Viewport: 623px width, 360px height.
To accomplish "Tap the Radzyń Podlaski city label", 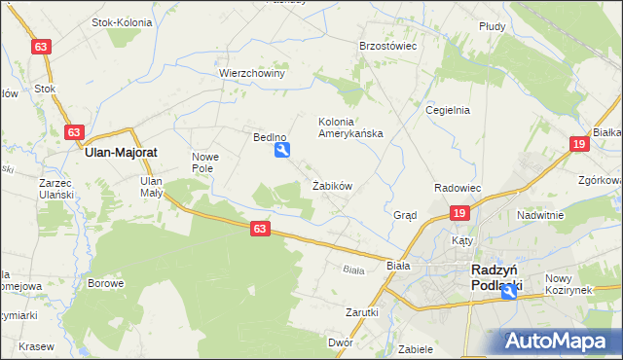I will [495, 276].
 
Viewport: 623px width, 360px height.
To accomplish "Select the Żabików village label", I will [332, 186].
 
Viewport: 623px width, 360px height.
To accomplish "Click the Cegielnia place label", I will [448, 110].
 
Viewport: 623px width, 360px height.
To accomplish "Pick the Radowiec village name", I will [458, 187].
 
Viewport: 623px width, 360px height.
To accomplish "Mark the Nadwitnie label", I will [541, 215].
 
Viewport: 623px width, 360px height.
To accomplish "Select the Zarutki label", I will [361, 312].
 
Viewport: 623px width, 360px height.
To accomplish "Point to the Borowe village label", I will [105, 284].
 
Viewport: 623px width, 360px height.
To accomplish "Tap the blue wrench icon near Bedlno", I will [282, 150].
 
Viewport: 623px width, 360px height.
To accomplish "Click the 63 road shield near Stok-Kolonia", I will [40, 47].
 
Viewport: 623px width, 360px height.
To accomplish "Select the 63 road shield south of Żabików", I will [258, 228].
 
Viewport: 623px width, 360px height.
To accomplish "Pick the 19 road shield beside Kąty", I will [459, 214].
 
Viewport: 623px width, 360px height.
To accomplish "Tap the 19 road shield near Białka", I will [579, 144].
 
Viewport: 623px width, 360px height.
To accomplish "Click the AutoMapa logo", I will [558, 342].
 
